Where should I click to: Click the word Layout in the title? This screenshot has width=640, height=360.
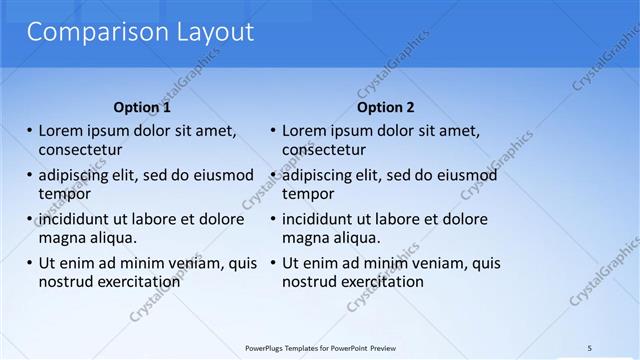pyautogui.click(x=207, y=32)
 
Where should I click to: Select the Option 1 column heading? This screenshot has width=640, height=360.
pyautogui.click(x=142, y=107)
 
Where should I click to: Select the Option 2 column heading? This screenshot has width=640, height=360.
pyautogui.click(x=385, y=107)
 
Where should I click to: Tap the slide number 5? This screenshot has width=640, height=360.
pyautogui.click(x=589, y=347)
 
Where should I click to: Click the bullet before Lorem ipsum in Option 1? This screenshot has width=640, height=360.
pyautogui.click(x=29, y=131)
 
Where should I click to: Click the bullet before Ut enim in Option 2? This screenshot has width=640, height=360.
pyautogui.click(x=272, y=263)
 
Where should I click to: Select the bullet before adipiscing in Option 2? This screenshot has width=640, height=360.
pyautogui.click(x=272, y=175)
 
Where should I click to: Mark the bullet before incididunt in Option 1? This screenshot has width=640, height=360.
pyautogui.click(x=29, y=219)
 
